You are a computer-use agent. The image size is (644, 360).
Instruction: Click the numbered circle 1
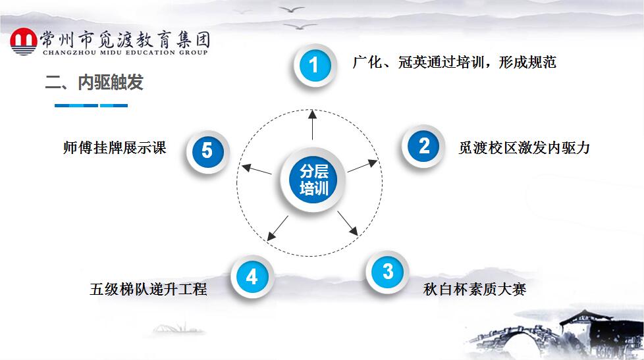click(314, 65)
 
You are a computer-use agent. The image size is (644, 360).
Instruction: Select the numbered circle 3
click(387, 271)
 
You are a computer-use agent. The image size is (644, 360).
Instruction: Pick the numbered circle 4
click(252, 276)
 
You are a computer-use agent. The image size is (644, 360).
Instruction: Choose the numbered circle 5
click(207, 151)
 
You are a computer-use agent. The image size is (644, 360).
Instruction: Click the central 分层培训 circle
click(313, 180)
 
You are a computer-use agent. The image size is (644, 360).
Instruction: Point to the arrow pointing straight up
click(313, 125)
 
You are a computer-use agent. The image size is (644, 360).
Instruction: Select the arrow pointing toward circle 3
click(348, 223)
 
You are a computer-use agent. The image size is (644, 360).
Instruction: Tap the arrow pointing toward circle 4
click(278, 228)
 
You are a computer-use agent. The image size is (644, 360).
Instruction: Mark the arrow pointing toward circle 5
click(256, 169)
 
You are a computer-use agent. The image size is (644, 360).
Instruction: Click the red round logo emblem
click(24, 41)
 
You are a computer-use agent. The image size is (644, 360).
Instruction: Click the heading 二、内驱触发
click(94, 82)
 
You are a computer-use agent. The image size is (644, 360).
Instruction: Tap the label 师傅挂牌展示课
click(115, 148)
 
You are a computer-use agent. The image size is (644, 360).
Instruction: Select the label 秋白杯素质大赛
click(474, 289)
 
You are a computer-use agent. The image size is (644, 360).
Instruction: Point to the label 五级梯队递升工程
click(148, 289)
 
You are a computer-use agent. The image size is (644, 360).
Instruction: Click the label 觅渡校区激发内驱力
click(524, 147)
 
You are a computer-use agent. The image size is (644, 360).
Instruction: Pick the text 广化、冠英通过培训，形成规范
click(454, 62)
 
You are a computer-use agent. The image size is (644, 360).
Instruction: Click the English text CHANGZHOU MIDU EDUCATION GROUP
click(125, 53)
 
